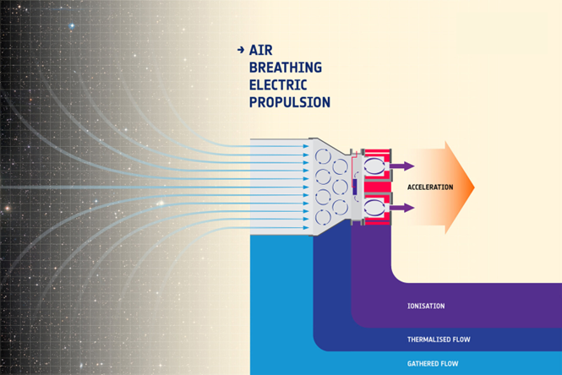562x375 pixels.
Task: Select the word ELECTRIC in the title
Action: [x=278, y=84]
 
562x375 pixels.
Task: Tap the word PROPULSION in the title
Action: [x=289, y=102]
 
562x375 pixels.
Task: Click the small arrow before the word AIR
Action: [x=242, y=51]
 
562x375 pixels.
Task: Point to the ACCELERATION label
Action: [x=430, y=187]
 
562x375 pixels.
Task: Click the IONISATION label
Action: [x=425, y=306]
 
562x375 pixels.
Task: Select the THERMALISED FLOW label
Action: [x=439, y=340]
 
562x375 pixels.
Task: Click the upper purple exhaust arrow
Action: [x=402, y=166]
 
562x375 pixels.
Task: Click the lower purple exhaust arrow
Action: [x=402, y=207]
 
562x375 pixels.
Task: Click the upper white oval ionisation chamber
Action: [x=374, y=166]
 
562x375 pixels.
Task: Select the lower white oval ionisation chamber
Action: [x=374, y=207]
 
